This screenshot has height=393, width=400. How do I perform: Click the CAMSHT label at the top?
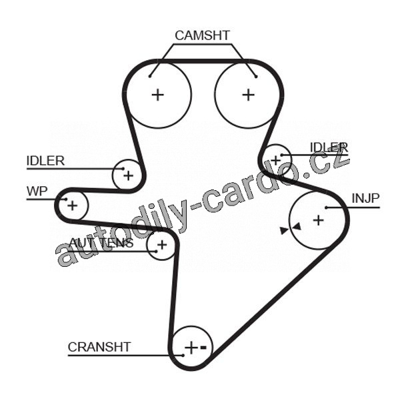[x=202, y=35]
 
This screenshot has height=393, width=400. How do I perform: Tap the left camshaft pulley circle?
[x=158, y=95]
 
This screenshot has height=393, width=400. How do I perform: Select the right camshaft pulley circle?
[x=248, y=95]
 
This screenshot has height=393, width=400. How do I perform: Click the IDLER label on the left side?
[x=45, y=160]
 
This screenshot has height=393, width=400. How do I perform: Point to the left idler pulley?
[x=127, y=175]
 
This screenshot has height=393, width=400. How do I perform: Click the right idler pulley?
[x=276, y=159]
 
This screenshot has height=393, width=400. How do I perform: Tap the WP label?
[x=37, y=191]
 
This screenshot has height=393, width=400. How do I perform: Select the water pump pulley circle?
[x=73, y=206]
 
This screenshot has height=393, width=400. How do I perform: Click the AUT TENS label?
[x=101, y=243]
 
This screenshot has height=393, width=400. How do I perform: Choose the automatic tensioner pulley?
[x=161, y=246]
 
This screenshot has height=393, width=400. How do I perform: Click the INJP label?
[x=365, y=198]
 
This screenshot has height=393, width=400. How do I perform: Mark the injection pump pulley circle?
[x=318, y=219]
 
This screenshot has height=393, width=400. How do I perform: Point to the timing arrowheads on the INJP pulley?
[x=291, y=229]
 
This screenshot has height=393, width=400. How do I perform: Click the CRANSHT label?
[x=99, y=347]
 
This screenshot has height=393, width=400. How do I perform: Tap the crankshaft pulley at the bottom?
[x=192, y=348]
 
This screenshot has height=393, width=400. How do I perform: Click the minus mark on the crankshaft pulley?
[x=204, y=348]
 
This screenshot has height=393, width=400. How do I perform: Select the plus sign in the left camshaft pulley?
[x=158, y=95]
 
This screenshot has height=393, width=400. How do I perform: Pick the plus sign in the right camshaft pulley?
[x=248, y=95]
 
